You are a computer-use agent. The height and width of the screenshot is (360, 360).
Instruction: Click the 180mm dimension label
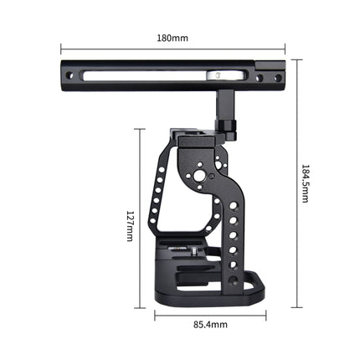click(174, 39)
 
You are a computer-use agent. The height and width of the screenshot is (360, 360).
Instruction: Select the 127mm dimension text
click(130, 224)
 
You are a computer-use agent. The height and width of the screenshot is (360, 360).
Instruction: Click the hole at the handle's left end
click(69, 76)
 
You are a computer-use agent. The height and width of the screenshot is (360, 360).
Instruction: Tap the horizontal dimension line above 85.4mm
click(209, 316)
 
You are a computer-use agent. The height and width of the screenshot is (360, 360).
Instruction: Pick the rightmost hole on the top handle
click(277, 76)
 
